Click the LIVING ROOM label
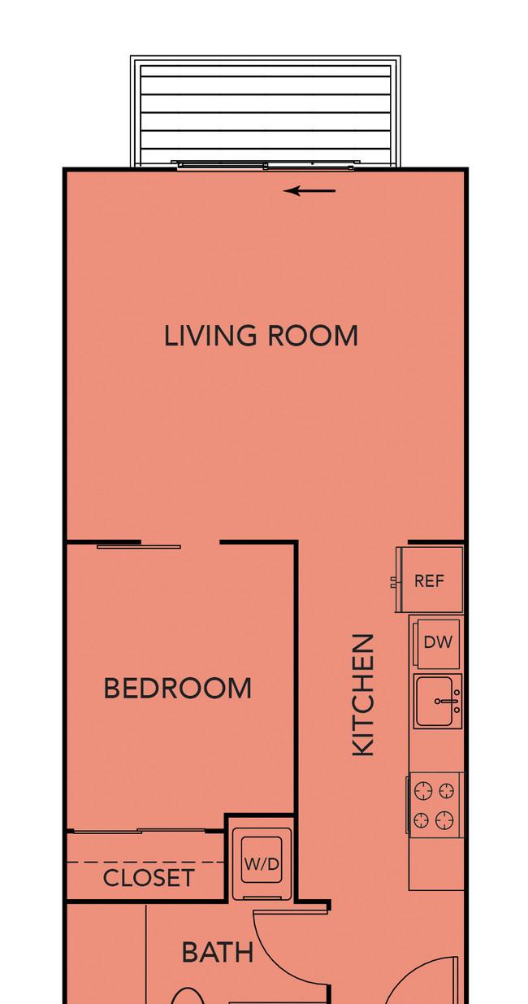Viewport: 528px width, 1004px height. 261,336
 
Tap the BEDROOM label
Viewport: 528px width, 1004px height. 177,688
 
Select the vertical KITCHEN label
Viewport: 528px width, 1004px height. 363,695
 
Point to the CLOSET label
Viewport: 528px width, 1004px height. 148,878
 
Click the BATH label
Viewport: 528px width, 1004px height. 218,952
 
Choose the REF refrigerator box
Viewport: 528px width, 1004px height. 431,580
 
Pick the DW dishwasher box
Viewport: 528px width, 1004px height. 438,643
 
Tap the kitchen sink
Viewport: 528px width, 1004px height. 438,702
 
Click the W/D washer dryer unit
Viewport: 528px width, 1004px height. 262,863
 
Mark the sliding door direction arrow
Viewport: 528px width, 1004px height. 309,191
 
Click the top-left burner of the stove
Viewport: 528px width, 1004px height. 422,790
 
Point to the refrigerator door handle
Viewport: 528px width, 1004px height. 394,582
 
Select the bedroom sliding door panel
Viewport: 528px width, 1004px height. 139,546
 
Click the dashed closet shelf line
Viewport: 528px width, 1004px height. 145,862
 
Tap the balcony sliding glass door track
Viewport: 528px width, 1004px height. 265,165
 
